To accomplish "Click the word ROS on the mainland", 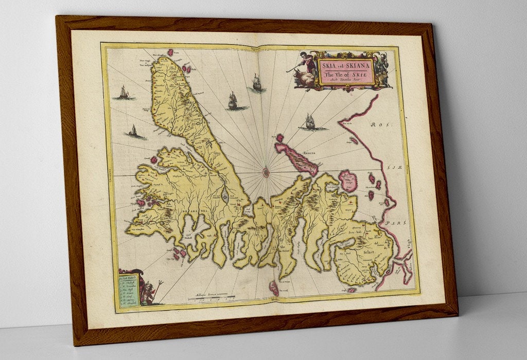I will (x=384, y=125).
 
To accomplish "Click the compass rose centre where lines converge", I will (x=266, y=172).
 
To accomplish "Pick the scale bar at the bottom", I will (x=212, y=298).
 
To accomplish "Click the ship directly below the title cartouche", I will (x=310, y=122).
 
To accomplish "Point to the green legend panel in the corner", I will (x=129, y=292).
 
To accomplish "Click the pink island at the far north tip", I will (x=170, y=52).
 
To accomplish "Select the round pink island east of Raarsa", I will (x=348, y=181).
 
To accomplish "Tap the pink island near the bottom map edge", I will (x=274, y=288).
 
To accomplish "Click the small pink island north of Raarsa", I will (x=279, y=138).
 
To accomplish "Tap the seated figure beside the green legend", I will (x=149, y=293).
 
